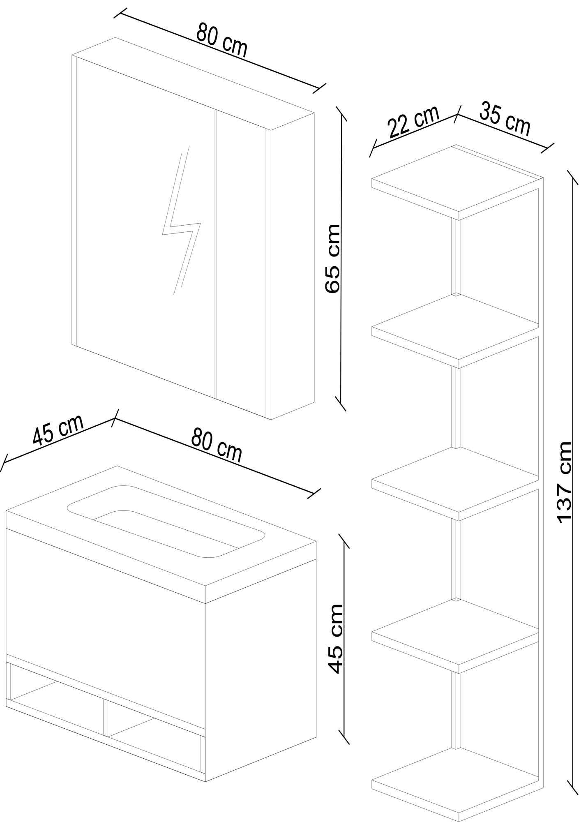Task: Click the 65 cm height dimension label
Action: [x=332, y=258]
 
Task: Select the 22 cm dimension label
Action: [x=413, y=122]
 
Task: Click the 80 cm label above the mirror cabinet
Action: [x=221, y=40]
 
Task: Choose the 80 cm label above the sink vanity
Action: [x=217, y=445]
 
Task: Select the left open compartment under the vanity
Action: [x=58, y=694]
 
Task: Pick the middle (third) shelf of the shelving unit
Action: [x=455, y=484]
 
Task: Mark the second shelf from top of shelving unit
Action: [x=455, y=331]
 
